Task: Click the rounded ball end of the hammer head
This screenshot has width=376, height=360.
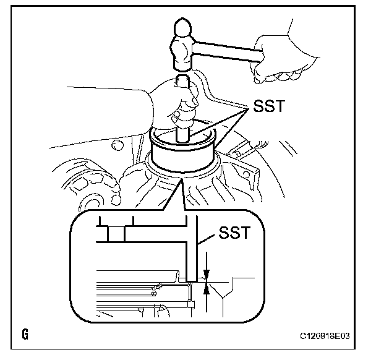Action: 182,28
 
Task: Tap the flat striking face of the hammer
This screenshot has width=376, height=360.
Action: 182,67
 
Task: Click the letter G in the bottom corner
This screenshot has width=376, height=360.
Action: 25,336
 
